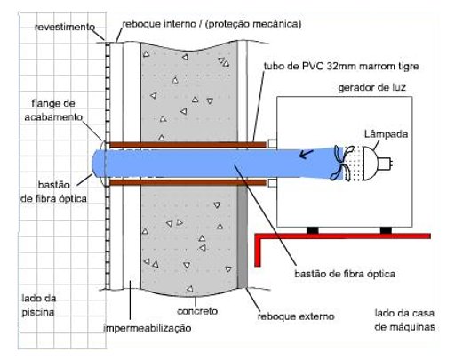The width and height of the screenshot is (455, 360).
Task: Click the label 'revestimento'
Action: pyautogui.click(x=65, y=28)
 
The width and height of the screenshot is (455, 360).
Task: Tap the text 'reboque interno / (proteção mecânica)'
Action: pyautogui.click(x=212, y=24)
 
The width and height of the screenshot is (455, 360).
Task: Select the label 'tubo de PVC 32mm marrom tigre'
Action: pyautogui.click(x=341, y=66)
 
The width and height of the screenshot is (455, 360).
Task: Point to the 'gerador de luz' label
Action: pyautogui.click(x=371, y=88)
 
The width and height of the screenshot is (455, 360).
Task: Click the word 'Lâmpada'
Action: pyautogui.click(x=386, y=134)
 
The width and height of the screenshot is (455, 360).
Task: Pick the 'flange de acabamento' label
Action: pyautogui.click(x=53, y=110)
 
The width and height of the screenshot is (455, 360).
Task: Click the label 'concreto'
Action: pyautogui.click(x=197, y=311)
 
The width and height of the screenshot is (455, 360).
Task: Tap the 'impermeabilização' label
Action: pyautogui.click(x=147, y=328)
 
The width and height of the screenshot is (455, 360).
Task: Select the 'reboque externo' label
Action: pyautogui.click(x=296, y=316)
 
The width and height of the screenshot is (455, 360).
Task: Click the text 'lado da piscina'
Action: pyautogui.click(x=39, y=305)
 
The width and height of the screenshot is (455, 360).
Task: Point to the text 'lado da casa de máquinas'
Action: pyautogui.click(x=404, y=320)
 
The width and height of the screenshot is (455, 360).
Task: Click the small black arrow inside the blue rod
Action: pyautogui.click(x=307, y=154)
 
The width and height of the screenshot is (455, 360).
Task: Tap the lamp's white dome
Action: pyautogui.click(x=370, y=163)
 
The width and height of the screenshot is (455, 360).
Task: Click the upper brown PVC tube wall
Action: pyautogui.click(x=188, y=145)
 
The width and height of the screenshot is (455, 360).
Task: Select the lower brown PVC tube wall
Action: pyautogui.click(x=188, y=182)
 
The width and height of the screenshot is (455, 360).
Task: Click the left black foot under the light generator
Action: pyautogui.click(x=313, y=230)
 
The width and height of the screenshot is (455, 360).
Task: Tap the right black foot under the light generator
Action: pyautogui.click(x=386, y=230)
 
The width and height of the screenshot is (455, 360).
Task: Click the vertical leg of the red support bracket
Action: pyautogui.click(x=258, y=252)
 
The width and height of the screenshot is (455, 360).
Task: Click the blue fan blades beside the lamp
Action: pyautogui.click(x=342, y=163)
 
